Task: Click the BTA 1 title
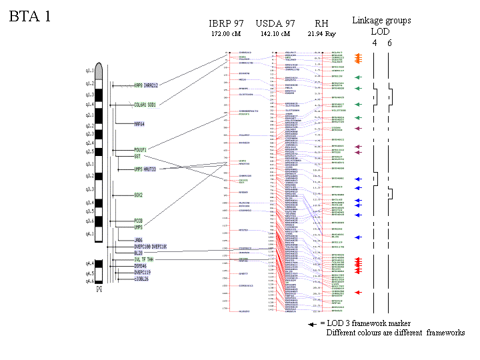29,17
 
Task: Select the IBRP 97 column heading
225,23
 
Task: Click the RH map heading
321,23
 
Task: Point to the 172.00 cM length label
225,33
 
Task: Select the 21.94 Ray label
321,33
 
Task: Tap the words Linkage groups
382,21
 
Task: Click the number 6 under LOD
390,42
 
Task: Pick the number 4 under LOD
374,42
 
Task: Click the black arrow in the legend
312,323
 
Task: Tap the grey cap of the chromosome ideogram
99,69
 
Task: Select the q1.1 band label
89,69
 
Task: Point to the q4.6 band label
89,282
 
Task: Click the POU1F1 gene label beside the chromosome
140,149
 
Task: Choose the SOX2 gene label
138,195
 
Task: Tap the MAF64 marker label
139,123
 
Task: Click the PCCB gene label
138,220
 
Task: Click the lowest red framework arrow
359,293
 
